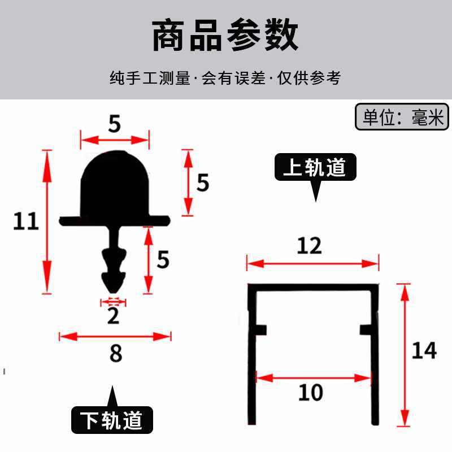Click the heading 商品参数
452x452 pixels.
coord(225,36)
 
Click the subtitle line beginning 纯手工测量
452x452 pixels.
coord(225,78)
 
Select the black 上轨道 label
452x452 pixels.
coord(316,167)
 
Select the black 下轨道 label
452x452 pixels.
coord(112,420)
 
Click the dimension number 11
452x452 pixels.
coord(26,221)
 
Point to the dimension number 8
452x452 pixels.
coord(116,354)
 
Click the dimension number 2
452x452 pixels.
coord(114,316)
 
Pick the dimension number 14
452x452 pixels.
coord(424,351)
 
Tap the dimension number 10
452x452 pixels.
coord(310,392)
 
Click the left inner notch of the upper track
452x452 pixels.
coord(262,329)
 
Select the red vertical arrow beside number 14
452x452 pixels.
coord(404,355)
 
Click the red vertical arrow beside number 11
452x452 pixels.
coord(47,221)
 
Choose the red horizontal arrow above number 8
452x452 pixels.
coord(115,337)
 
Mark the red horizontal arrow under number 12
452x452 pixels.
coord(312,263)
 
